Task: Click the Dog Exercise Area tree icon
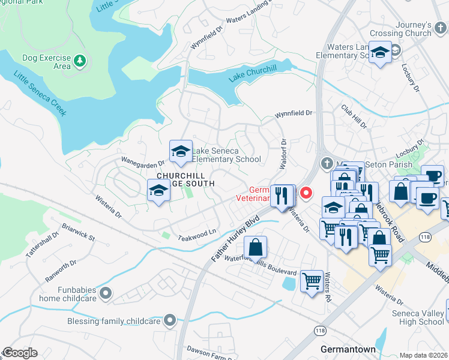[x=80, y=60]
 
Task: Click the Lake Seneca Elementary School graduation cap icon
[x=181, y=152]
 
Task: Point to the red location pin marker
[x=306, y=193]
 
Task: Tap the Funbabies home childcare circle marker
[x=106, y=293]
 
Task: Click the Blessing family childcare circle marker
[x=170, y=321]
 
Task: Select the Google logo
[x=20, y=353]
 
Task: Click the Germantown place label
[x=348, y=349]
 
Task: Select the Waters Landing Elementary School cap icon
[x=380, y=52]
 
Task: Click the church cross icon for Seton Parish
[x=327, y=163]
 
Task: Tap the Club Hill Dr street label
[x=354, y=116]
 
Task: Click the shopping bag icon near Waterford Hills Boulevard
[x=255, y=246]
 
